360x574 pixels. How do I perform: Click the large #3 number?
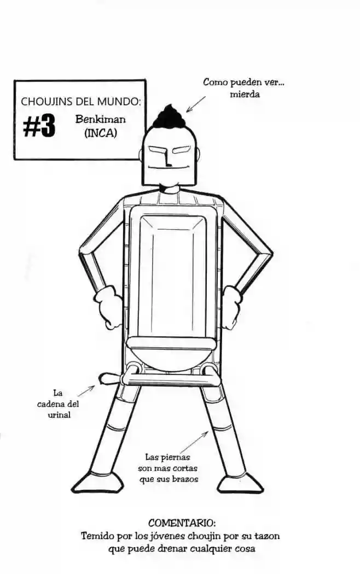click(x=39, y=127)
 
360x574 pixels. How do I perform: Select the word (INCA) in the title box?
click(x=101, y=132)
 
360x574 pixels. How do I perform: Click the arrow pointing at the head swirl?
click(x=195, y=104)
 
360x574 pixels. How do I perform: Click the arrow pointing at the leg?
click(x=198, y=440)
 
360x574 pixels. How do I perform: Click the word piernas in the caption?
click(x=178, y=457)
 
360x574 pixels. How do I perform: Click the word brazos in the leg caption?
click(x=183, y=479)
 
